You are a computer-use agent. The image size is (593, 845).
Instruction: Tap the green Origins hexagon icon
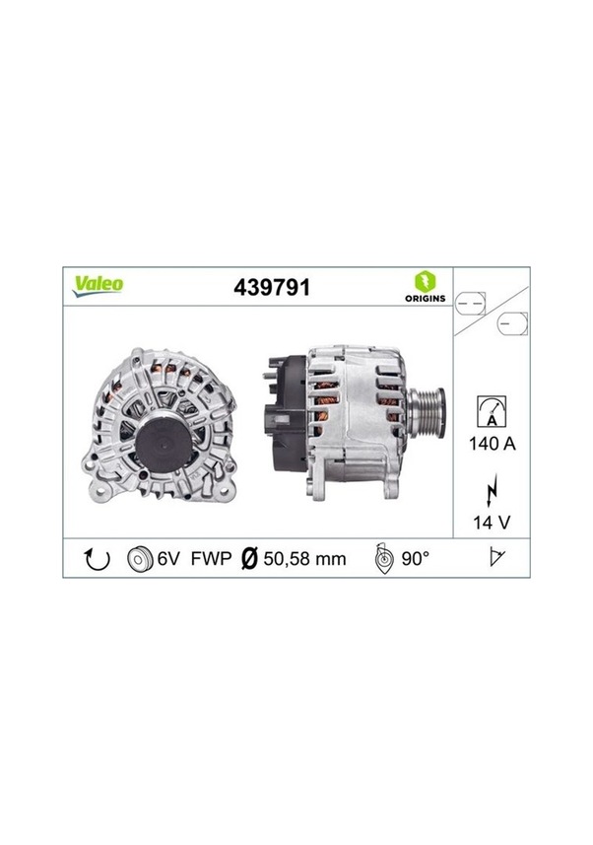(425, 280)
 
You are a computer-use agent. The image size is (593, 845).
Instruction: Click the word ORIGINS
(425, 298)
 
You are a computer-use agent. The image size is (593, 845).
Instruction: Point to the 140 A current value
(490, 443)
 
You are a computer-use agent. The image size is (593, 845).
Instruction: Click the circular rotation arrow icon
(99, 559)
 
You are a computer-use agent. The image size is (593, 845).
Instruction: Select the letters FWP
(211, 559)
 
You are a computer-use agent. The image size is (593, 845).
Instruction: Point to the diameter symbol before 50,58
(250, 559)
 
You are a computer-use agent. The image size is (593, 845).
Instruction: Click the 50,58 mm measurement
(304, 559)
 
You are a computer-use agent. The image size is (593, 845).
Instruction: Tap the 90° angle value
(415, 559)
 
